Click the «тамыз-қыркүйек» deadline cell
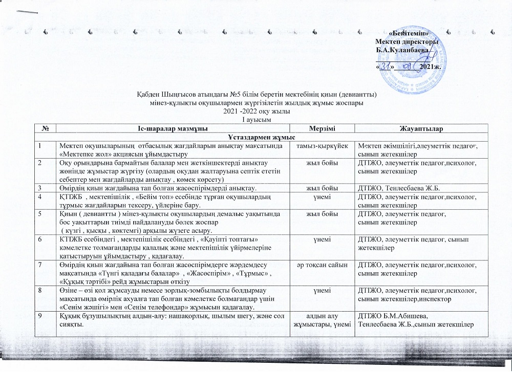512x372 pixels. click(x=317, y=147)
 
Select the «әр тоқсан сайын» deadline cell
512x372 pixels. click(x=317, y=264)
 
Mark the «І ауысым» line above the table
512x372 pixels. click(x=255, y=119)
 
